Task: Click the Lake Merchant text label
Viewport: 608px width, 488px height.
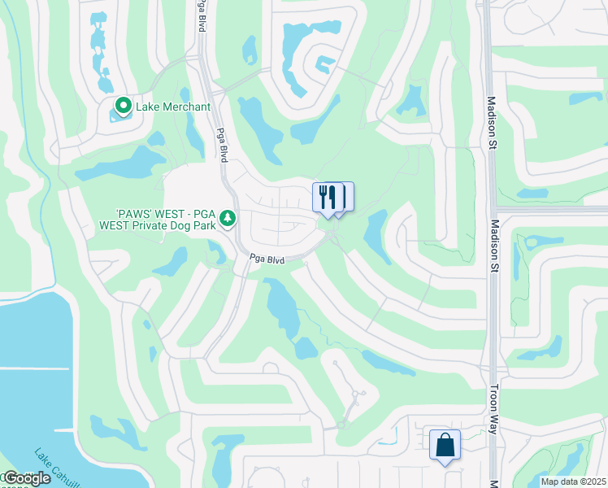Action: click(x=173, y=107)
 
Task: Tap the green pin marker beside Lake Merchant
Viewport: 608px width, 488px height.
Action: click(x=123, y=106)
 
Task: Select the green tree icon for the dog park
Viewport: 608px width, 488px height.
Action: click(x=228, y=218)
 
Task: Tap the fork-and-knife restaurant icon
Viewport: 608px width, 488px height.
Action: click(x=327, y=197)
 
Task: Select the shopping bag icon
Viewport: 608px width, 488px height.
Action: click(x=445, y=445)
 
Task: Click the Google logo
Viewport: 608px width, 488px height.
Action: click(x=26, y=478)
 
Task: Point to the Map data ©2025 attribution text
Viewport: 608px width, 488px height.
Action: click(x=573, y=481)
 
